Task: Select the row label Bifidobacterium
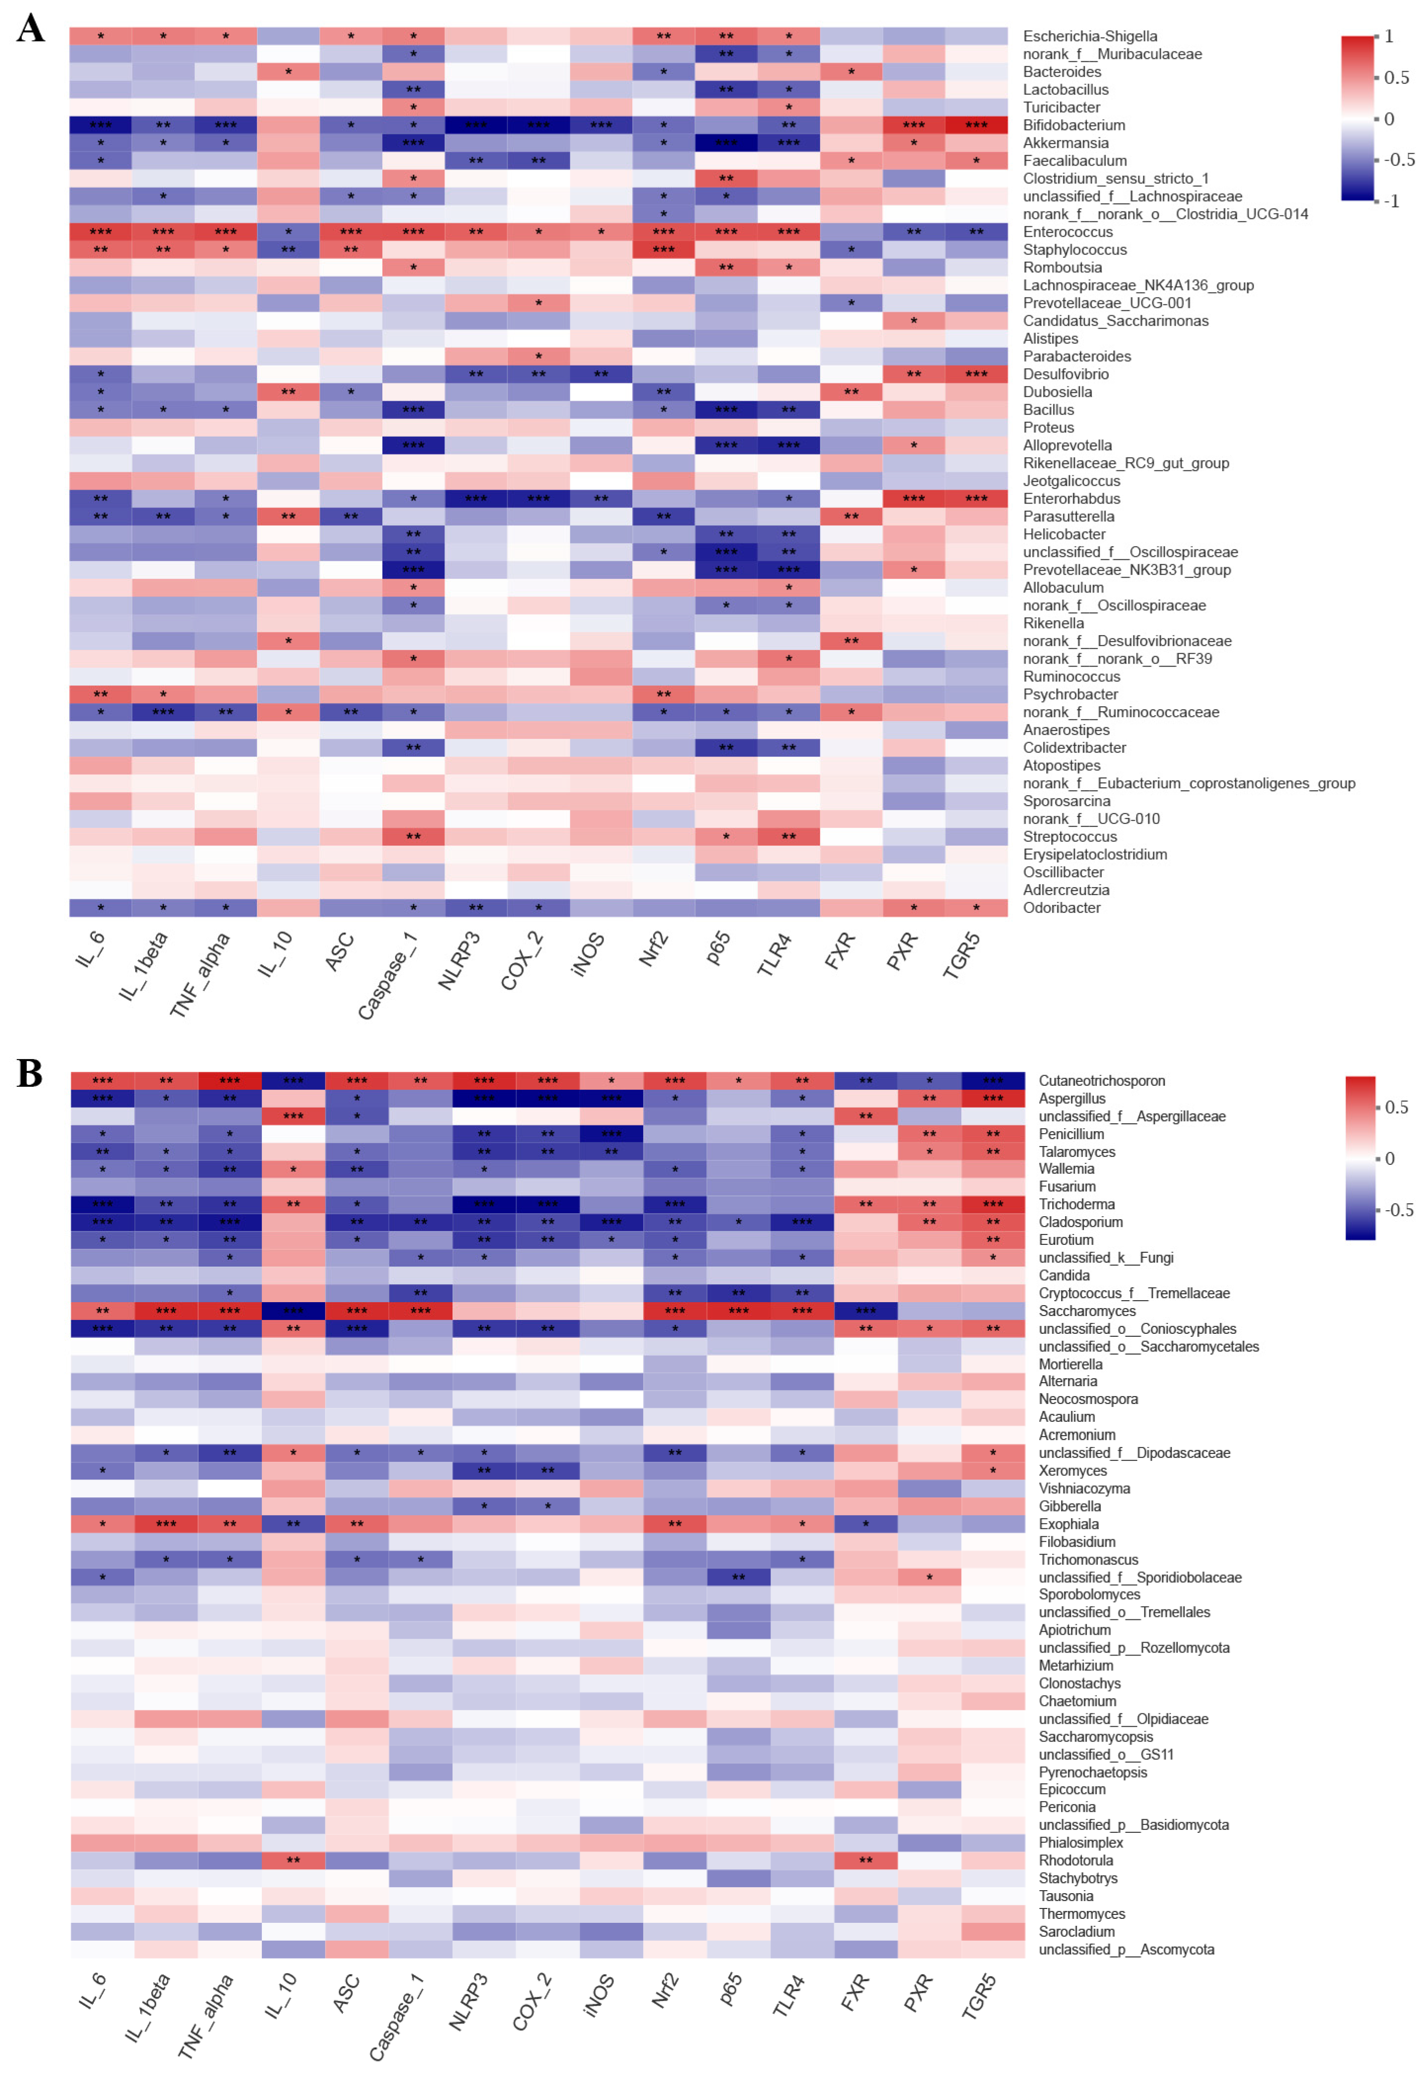click(1074, 126)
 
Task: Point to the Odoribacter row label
click(1061, 907)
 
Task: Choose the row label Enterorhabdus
click(1071, 499)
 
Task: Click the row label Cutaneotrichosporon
click(1102, 1081)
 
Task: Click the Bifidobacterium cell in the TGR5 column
click(976, 126)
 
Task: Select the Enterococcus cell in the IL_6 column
click(100, 232)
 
